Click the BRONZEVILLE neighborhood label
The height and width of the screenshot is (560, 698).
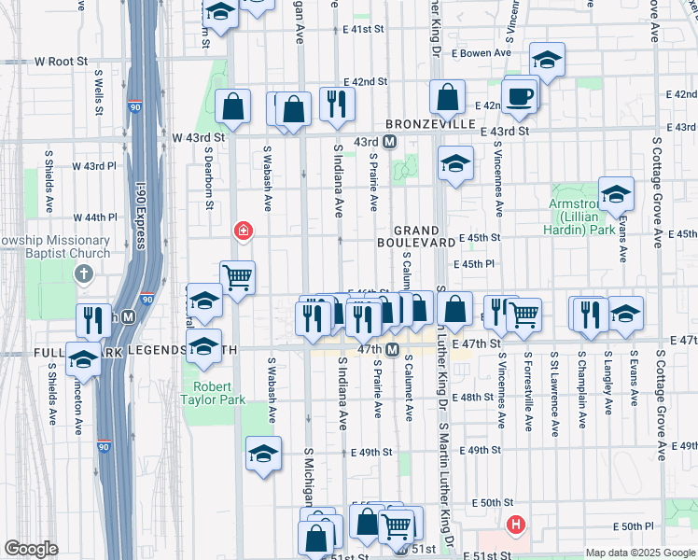coord(430,124)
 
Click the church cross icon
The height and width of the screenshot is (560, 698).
coord(84,273)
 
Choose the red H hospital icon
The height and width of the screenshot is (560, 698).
coord(516,525)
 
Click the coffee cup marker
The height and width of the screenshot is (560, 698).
coord(519,95)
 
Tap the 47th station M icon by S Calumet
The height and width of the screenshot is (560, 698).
coord(393,350)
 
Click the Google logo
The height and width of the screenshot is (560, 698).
coord(31,549)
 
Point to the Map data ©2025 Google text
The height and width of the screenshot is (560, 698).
coord(639,553)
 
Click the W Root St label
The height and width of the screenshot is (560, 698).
coord(61,61)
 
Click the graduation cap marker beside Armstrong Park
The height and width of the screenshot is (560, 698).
coord(616,194)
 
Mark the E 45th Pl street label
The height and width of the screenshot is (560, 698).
coord(476,265)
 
